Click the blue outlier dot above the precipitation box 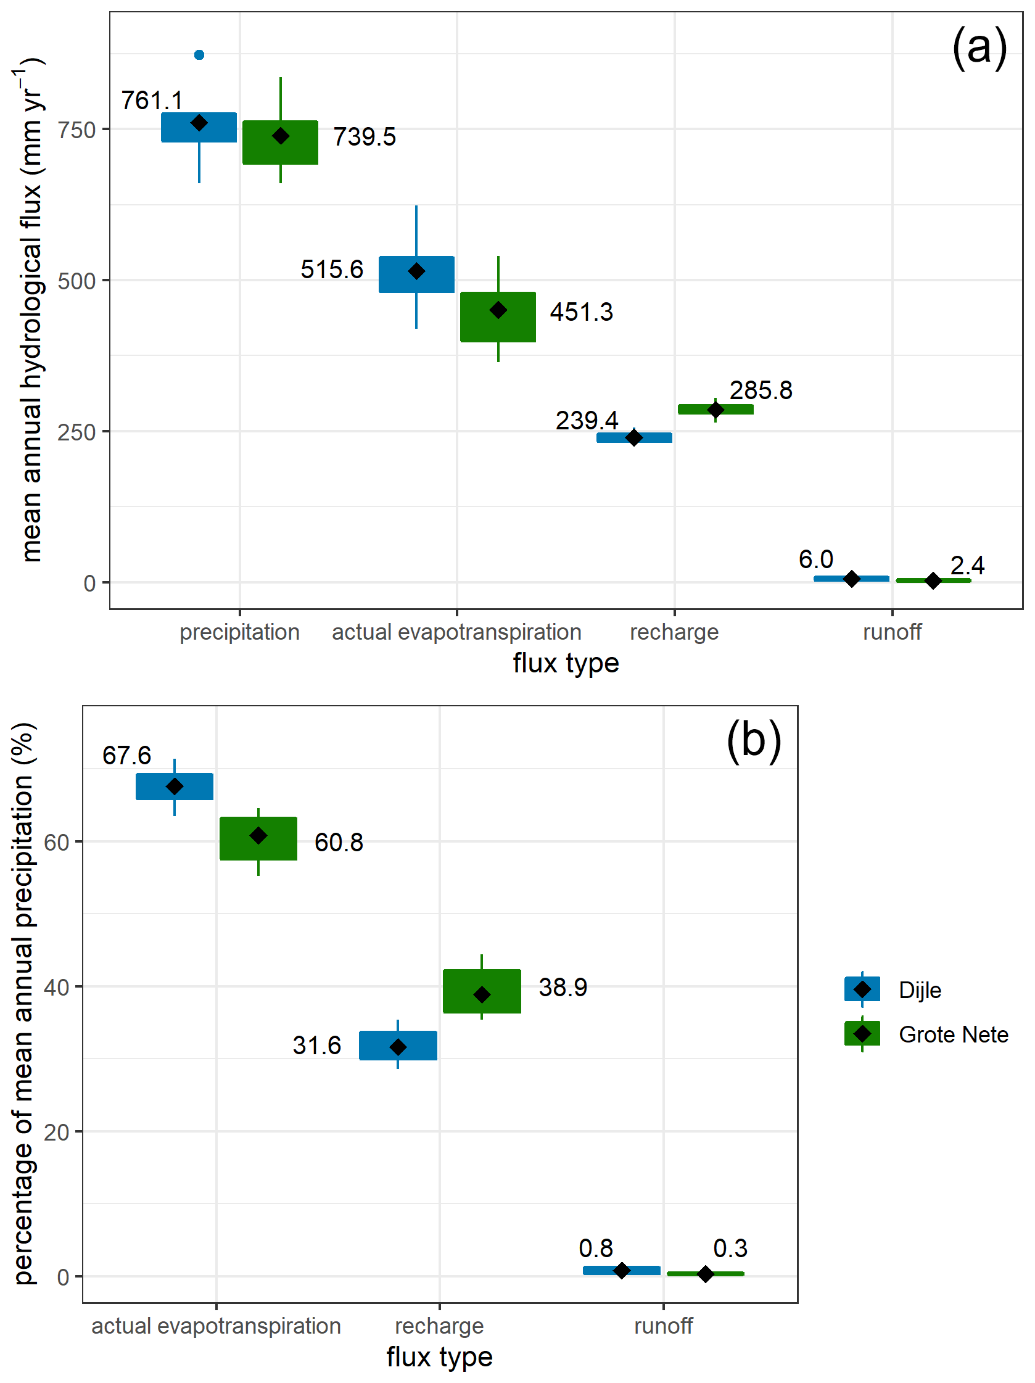point(199,55)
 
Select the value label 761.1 point(152,101)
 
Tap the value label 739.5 point(365,137)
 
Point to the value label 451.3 point(581,312)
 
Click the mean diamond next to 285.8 point(715,410)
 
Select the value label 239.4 point(586,420)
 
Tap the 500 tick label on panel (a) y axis point(76,281)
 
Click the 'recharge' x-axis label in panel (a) point(674,632)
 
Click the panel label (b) point(753,740)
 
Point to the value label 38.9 point(563,987)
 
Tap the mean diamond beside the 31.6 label point(398,1047)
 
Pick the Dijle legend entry point(920,990)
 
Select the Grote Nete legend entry point(952,1034)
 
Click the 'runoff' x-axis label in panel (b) point(663,1326)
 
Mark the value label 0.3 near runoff point(730,1249)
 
